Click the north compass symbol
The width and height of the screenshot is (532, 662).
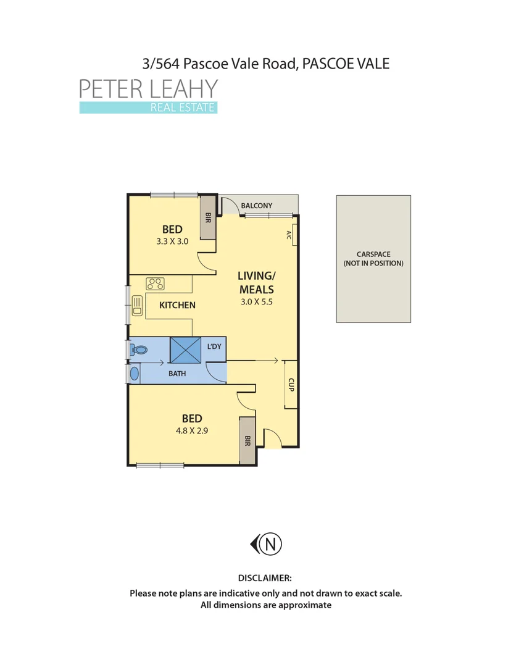point(267,544)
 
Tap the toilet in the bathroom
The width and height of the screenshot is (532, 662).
point(140,350)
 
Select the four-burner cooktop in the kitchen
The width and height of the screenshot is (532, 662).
point(155,284)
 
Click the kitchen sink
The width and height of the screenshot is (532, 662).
point(138,305)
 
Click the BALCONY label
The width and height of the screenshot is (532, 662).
point(256,206)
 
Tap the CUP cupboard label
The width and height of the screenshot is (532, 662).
point(290,385)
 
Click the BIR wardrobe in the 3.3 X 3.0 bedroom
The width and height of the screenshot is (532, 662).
point(208,217)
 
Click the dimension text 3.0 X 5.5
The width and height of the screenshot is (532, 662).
point(256,302)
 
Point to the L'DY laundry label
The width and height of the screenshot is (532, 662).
point(214,346)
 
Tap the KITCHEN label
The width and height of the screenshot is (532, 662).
point(177,305)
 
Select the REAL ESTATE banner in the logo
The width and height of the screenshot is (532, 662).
point(148,108)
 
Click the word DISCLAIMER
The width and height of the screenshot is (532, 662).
point(265,578)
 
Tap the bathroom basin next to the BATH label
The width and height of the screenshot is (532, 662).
point(135,374)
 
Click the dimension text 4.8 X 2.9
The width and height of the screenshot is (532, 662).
point(191,431)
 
